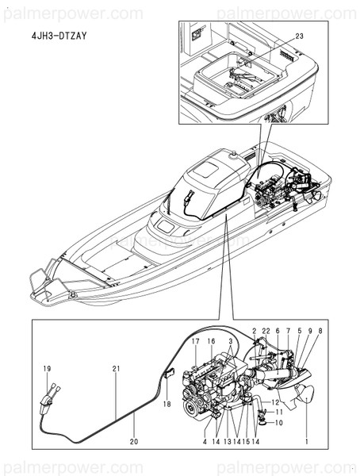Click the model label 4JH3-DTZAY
point(59,36)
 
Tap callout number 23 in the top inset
point(299,36)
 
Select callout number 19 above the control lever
point(47,369)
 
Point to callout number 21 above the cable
point(116,369)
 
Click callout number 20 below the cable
point(134,441)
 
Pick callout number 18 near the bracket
point(167,404)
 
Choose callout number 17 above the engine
point(196,341)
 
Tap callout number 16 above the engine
point(211,341)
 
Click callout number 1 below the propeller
point(307,441)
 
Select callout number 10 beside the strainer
point(278,423)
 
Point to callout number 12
point(275,402)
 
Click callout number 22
point(266,331)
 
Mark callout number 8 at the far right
point(320,331)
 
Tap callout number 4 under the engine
point(205,441)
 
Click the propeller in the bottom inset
point(306,394)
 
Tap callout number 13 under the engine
point(228,441)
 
